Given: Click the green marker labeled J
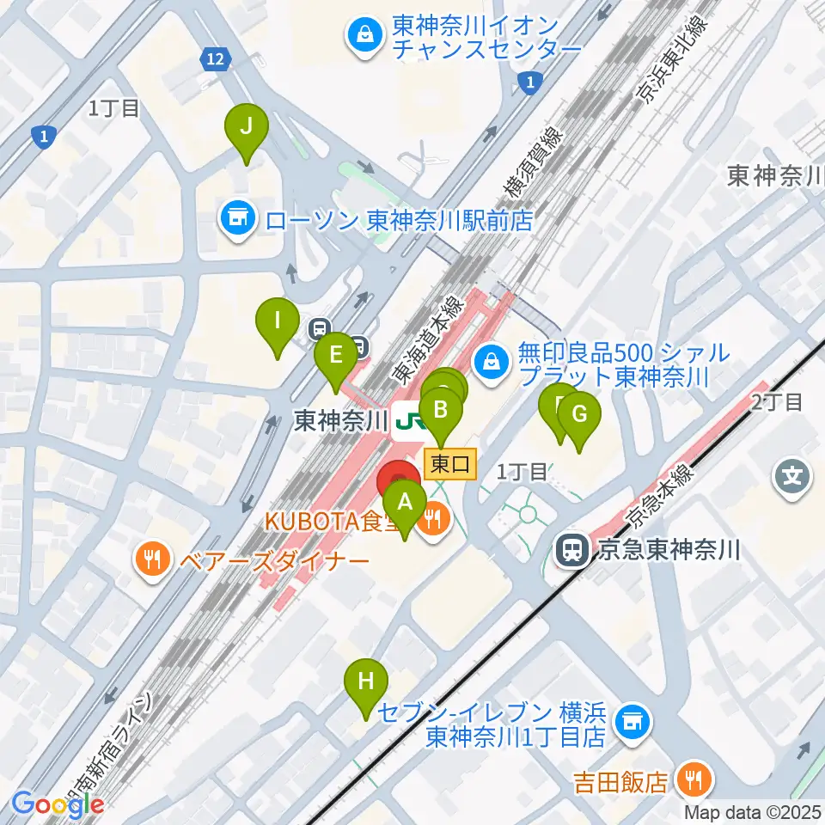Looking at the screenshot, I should pos(246,128).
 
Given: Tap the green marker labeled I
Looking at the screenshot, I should pos(277,322).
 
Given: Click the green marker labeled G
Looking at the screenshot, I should pos(579,416).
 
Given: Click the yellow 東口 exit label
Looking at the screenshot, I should pos(450,465).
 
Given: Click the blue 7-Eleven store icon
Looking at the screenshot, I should pos(633,722).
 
